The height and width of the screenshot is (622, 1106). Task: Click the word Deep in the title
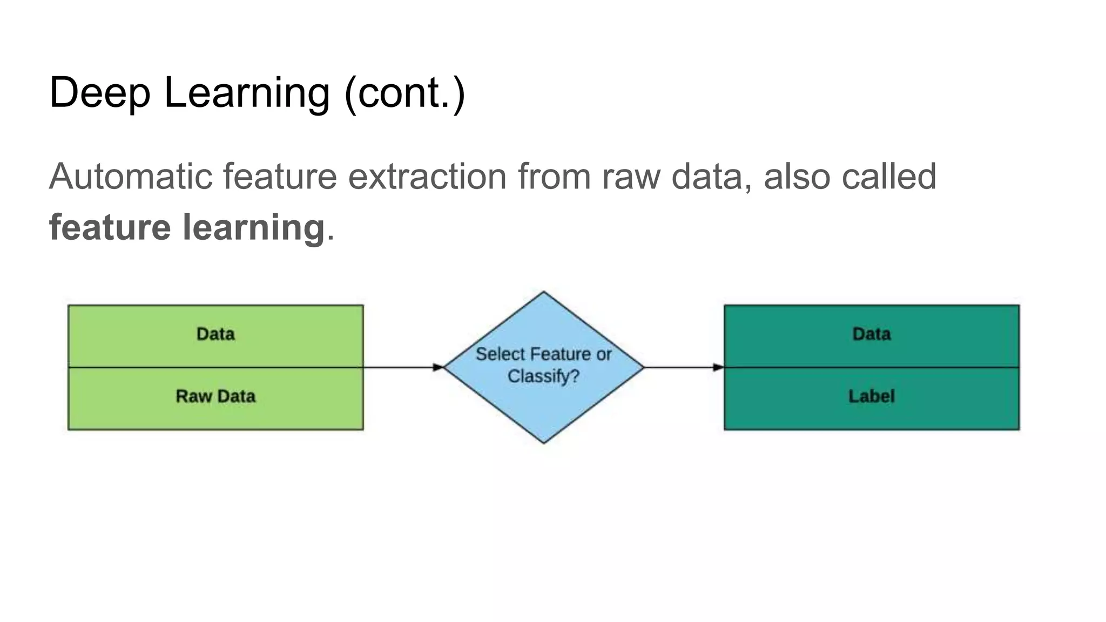point(99,93)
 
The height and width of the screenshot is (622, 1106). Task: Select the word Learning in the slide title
point(246,93)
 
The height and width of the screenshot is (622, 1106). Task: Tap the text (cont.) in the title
point(404,93)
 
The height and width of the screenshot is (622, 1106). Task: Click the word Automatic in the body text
point(130,176)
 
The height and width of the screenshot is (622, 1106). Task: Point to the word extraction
point(427,176)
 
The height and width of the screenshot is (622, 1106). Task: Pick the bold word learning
point(253,227)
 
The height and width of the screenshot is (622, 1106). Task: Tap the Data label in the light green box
point(215,334)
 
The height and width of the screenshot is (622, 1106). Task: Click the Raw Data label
point(215,396)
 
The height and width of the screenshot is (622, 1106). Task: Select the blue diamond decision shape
point(544,410)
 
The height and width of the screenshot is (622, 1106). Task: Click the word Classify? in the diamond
point(543,376)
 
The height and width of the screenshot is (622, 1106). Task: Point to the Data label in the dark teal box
point(871,334)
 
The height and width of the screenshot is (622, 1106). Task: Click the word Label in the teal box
point(871,396)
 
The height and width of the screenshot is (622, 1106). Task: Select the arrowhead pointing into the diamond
point(438,367)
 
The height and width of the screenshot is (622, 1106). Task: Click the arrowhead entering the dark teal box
point(718,367)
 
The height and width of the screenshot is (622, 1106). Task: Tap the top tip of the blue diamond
point(544,294)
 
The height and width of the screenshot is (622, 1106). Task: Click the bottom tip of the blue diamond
point(544,441)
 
